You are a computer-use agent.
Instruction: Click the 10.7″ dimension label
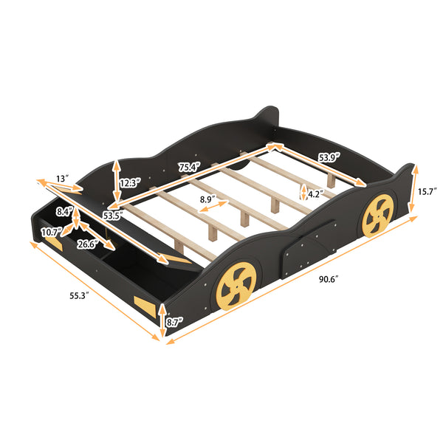(x=51, y=233)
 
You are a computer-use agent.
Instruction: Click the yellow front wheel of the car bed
(x=236, y=289)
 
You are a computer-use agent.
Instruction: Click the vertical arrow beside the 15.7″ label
(x=413, y=191)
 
